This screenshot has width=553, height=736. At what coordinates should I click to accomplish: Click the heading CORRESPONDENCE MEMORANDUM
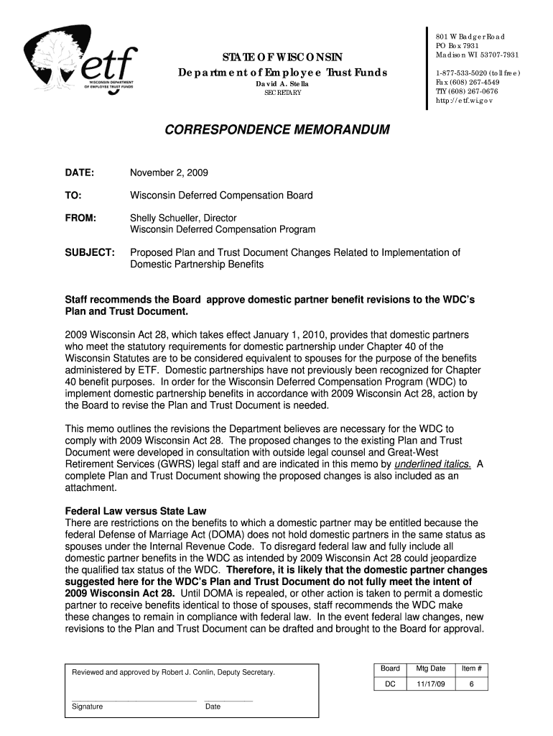(276, 130)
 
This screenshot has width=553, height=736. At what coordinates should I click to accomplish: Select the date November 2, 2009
(168, 173)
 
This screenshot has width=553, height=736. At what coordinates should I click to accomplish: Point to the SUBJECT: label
(90, 252)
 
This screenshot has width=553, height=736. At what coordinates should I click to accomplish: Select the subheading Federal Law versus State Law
(136, 512)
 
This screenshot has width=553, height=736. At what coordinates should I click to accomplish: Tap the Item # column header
(471, 668)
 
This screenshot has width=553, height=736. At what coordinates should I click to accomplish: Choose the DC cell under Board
(390, 684)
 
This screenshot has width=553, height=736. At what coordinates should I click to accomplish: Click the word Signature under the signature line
(87, 707)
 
